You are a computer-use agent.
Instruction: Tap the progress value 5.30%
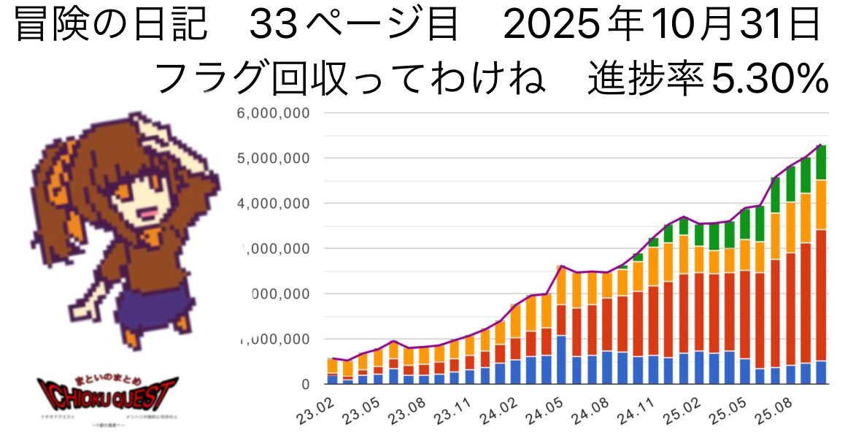[x=769, y=78]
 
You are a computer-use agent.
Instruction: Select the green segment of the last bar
[x=821, y=162]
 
